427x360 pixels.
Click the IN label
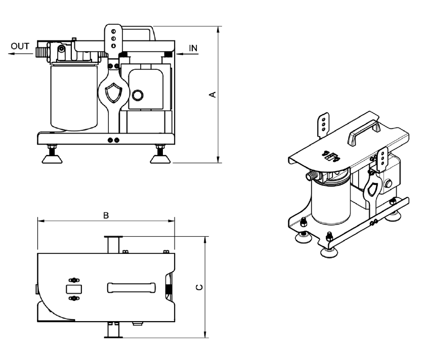(x=193, y=48)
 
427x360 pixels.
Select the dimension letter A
(x=213, y=95)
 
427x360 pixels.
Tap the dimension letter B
(x=106, y=215)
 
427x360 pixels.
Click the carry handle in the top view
(x=131, y=287)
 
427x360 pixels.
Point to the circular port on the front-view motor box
(x=137, y=95)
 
